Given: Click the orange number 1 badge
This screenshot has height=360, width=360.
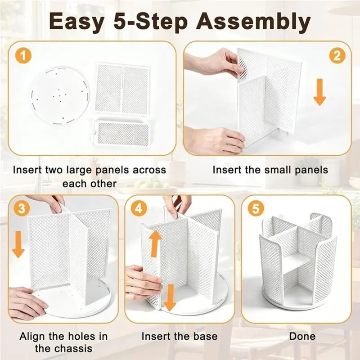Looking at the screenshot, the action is (23, 56).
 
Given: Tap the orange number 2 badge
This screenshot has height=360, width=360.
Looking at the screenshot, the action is (337, 56).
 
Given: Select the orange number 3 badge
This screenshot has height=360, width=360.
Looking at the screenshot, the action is (22, 209).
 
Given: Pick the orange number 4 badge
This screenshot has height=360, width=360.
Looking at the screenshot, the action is (139, 209).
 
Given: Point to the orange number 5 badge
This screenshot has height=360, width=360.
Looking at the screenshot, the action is (256, 209).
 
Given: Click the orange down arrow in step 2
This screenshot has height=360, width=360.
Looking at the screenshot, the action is (320, 92).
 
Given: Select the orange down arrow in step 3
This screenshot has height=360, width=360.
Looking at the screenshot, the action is (18, 244).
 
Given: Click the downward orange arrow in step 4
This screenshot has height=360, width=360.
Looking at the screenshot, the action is (170, 297).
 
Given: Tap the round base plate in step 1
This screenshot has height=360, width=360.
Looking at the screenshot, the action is (60, 96).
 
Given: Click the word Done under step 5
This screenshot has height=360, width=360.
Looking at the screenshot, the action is (302, 336).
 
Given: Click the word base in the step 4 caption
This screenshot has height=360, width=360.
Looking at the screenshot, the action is (205, 336).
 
